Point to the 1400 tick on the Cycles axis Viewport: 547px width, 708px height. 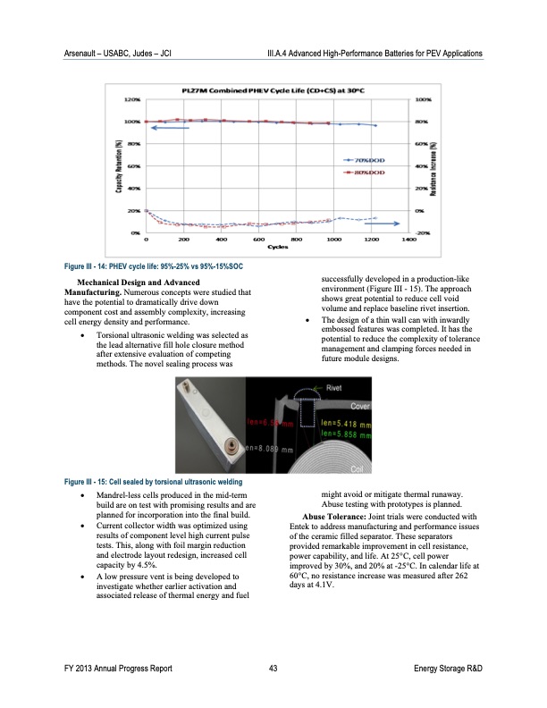[x=409, y=240]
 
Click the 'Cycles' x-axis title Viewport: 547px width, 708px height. [x=276, y=248]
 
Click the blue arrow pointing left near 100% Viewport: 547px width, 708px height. [x=171, y=129]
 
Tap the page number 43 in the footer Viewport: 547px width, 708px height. [x=273, y=670]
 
